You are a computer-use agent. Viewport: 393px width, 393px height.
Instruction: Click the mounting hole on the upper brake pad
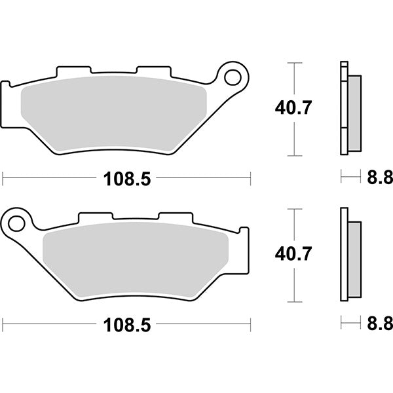(x=232, y=77)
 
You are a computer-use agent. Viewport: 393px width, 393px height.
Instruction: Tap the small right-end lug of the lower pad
(x=245, y=231)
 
